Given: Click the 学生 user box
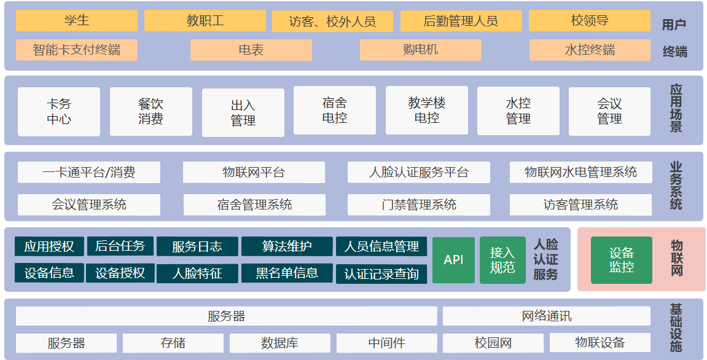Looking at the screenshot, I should tap(76, 20).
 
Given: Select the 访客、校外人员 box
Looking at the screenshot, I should tap(332, 22).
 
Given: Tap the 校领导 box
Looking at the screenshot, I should tap(589, 20).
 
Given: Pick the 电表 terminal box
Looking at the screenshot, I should tap(251, 50).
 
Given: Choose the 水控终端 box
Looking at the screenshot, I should tap(589, 50).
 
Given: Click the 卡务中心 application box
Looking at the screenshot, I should tap(58, 112).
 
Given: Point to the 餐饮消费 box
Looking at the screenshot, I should tap(150, 112).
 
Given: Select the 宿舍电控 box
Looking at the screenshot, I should tap(334, 111).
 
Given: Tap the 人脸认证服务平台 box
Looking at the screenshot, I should tap(418, 173).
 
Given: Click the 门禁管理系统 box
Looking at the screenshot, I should tap(418, 205).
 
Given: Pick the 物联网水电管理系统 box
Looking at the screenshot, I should tap(580, 173).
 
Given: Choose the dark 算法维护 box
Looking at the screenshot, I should tap(287, 246).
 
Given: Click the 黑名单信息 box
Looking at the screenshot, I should tap(287, 273).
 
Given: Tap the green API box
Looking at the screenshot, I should tap(453, 260).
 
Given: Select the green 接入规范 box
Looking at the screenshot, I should tap(502, 260).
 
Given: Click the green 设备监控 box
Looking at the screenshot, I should tap(621, 260).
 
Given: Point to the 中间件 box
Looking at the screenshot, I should tap(386, 343).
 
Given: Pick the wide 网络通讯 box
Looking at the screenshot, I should tap(546, 316).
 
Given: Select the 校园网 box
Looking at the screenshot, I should tap(493, 343).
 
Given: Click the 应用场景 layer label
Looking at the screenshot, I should tap(676, 110).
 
